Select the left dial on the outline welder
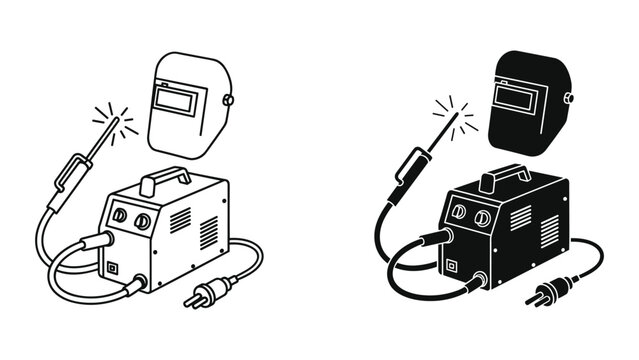click(x=120, y=215)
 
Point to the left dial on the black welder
click(x=459, y=213)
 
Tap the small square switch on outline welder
click(x=112, y=267)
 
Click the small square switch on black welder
click(x=451, y=265)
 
